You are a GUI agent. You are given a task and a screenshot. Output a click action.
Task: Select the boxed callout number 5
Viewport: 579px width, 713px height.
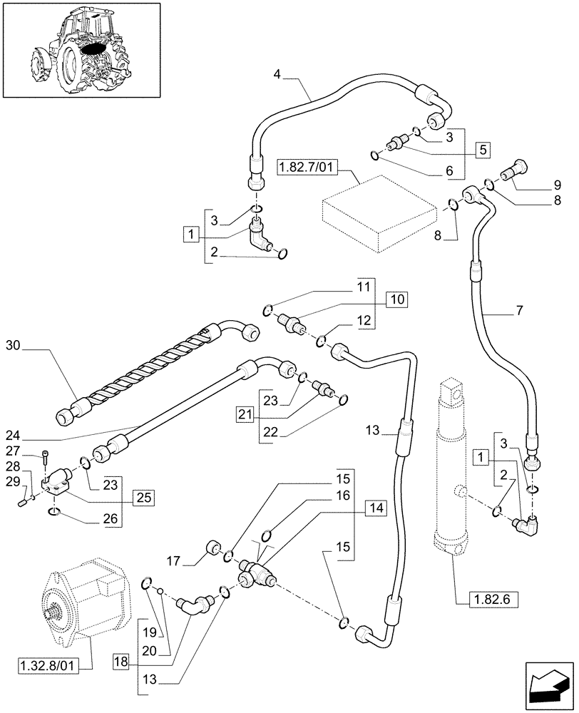pyautogui.click(x=483, y=150)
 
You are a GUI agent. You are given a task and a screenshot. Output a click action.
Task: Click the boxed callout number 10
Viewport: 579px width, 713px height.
pyautogui.click(x=396, y=299)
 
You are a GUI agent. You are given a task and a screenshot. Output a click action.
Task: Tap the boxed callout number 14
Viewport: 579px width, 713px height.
pyautogui.click(x=376, y=508)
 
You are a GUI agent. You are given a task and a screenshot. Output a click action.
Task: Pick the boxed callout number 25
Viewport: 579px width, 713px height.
pyautogui.click(x=143, y=496)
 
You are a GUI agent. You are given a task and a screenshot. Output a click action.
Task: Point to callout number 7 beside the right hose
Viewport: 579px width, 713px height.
pyautogui.click(x=518, y=311)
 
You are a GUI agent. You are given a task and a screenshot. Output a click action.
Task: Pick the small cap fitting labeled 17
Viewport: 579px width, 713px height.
pyautogui.click(x=211, y=550)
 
